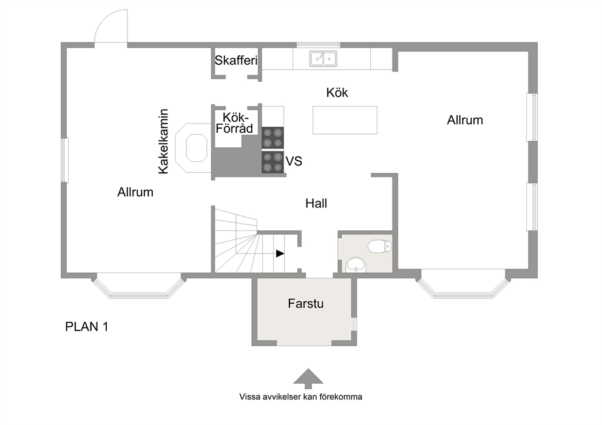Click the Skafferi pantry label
point(235,60)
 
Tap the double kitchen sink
point(323,59)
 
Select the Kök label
point(337,92)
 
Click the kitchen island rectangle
point(345,120)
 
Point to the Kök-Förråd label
point(234,122)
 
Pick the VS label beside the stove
point(294,161)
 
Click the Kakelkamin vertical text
point(164,141)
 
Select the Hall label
point(316,203)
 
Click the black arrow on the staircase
point(280,253)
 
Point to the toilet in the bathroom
point(379,246)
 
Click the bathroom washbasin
point(356,265)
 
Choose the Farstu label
point(306,304)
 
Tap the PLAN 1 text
point(87,327)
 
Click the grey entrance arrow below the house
point(308,378)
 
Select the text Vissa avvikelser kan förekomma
point(300,397)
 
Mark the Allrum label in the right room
point(465,120)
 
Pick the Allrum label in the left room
point(135,192)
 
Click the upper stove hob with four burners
point(272,138)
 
